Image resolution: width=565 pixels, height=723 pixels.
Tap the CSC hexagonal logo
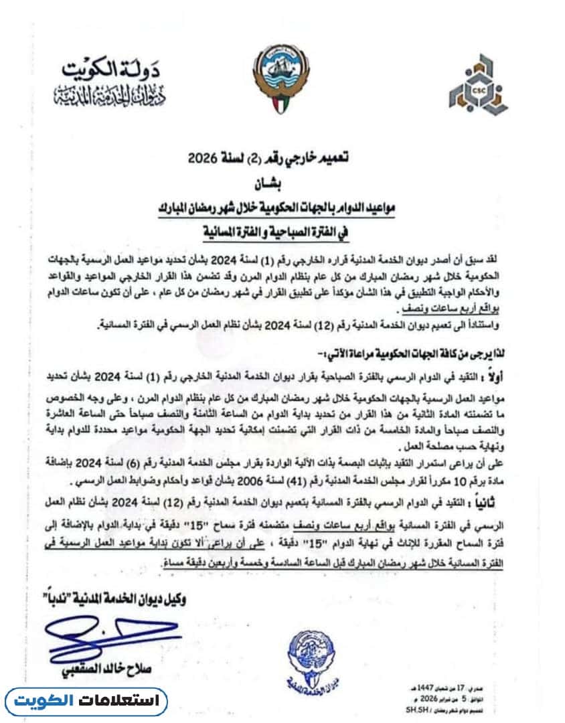477,83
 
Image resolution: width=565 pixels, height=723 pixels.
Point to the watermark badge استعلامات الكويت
87,702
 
